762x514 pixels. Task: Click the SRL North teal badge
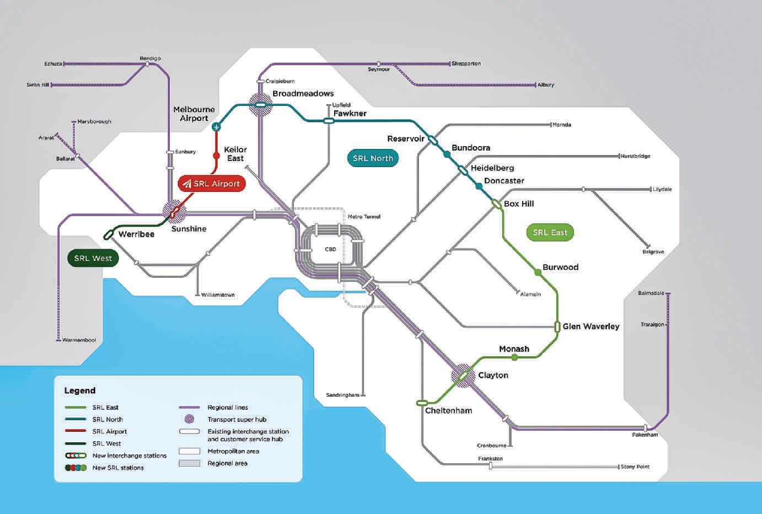point(373,158)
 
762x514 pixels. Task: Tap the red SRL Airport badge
point(212,184)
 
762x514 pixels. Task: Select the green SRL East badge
point(550,232)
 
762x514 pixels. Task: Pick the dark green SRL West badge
point(93,258)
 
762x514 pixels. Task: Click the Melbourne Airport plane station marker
point(217,127)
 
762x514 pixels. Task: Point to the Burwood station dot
point(538,272)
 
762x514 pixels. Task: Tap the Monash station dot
point(514,357)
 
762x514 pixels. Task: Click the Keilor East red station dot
point(216,156)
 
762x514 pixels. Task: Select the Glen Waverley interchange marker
point(557,326)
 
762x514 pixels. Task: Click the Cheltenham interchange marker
point(422,403)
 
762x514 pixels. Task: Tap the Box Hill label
point(519,204)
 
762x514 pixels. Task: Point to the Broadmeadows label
point(303,94)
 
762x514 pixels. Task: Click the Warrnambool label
point(79,340)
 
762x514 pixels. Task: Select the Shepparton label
point(466,63)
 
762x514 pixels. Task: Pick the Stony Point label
point(635,467)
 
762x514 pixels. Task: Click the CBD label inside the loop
point(330,249)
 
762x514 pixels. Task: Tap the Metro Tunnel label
point(364,217)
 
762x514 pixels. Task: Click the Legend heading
point(80,390)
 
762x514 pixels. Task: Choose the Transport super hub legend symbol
point(189,419)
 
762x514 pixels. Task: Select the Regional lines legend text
point(228,408)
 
